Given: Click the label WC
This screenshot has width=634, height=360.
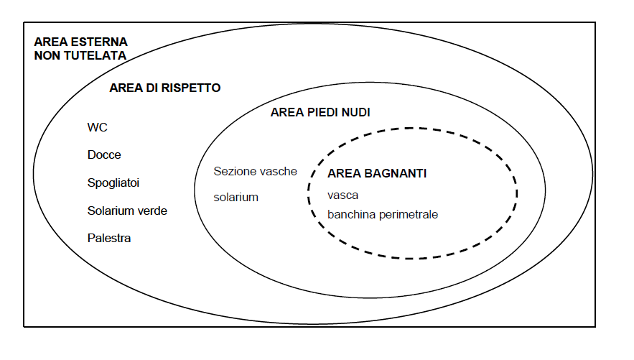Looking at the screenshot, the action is [97, 127].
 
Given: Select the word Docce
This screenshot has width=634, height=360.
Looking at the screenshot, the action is [104, 155].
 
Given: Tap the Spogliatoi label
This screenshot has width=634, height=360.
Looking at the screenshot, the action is [113, 183].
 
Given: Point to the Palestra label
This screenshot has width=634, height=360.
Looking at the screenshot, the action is [108, 239].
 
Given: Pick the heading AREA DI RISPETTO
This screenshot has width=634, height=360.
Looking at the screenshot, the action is [165, 88].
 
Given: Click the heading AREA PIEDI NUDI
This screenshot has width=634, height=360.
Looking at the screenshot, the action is [320, 112].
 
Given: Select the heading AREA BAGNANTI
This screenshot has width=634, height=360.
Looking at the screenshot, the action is [377, 173].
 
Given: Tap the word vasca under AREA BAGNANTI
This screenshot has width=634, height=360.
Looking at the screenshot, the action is [343, 195].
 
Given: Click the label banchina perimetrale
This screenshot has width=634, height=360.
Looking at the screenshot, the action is [383, 214].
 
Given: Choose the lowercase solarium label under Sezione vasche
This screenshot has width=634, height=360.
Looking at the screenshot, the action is [236, 198].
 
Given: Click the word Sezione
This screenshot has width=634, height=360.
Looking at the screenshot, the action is [232, 172].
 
